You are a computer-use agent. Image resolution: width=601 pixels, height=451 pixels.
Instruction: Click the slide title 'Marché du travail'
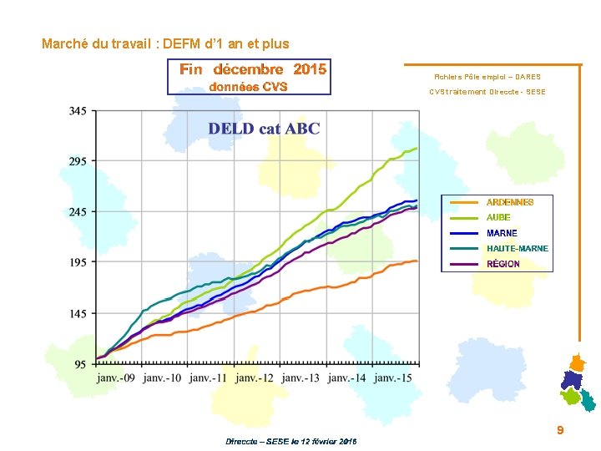tap(165, 43)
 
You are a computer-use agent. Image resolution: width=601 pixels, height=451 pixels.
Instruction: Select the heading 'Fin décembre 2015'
tap(252, 69)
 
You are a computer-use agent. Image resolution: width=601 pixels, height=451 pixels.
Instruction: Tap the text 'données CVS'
tap(248, 87)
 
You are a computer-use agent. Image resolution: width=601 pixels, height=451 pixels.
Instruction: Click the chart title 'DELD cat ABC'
tap(264, 129)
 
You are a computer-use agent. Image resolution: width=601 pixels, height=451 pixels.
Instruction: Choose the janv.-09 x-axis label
tap(118, 378)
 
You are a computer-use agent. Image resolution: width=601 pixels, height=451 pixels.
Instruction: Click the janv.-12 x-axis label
tap(255, 378)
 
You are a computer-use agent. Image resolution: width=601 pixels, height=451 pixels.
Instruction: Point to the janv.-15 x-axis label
tap(394, 378)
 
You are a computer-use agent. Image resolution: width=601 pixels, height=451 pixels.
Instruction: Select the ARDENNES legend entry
tap(509, 202)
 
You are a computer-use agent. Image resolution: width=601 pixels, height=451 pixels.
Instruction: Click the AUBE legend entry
tap(498, 217)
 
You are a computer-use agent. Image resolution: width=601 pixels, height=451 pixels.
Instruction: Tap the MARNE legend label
tap(502, 233)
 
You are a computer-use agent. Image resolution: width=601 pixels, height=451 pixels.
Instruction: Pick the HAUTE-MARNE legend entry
tap(518, 249)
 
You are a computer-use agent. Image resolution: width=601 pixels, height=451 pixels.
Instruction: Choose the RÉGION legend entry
tap(503, 264)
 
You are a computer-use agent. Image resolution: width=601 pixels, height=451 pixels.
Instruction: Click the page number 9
tap(560, 430)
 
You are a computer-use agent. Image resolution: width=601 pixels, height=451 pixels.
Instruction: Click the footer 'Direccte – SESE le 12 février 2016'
tap(290, 441)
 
